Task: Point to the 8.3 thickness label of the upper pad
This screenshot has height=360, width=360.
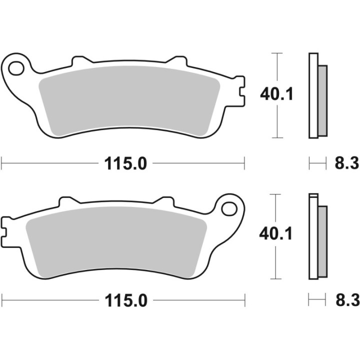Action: [345, 163]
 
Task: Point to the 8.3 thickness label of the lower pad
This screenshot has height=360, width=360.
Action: [345, 300]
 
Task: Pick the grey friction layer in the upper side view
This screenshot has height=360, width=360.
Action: [322, 100]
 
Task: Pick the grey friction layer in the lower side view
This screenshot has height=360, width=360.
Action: [322, 240]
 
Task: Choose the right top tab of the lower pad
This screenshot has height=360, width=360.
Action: [165, 201]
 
